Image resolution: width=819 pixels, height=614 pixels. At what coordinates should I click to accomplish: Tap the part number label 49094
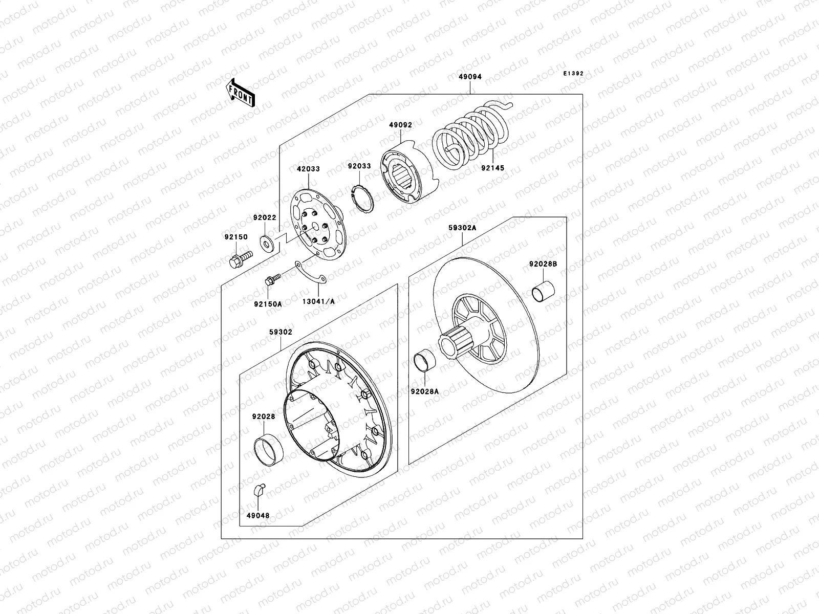(470, 77)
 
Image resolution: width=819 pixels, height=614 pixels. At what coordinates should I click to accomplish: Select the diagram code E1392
(573, 74)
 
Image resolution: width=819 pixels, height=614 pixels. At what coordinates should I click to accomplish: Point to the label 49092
(400, 124)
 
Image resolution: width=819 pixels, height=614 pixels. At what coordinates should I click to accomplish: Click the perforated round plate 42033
(316, 226)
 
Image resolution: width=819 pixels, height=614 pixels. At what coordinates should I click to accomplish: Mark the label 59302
(281, 332)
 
